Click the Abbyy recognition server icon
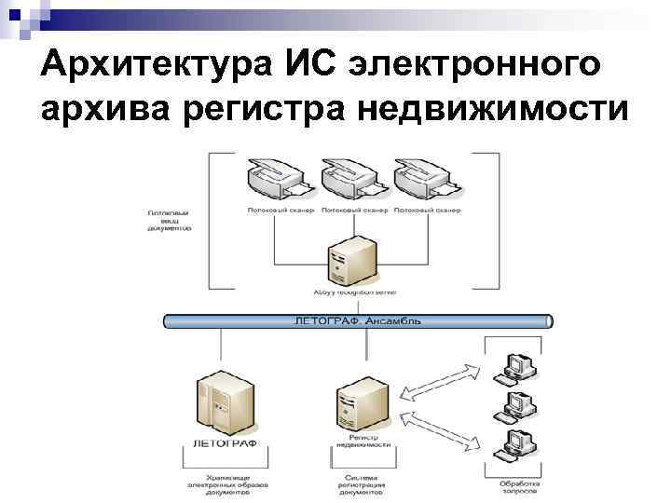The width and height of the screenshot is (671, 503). point(351,260)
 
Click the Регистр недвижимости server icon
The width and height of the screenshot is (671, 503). point(360,401)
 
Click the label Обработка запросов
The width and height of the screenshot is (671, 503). point(518,488)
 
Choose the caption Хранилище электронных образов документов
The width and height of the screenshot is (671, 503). point(226,484)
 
